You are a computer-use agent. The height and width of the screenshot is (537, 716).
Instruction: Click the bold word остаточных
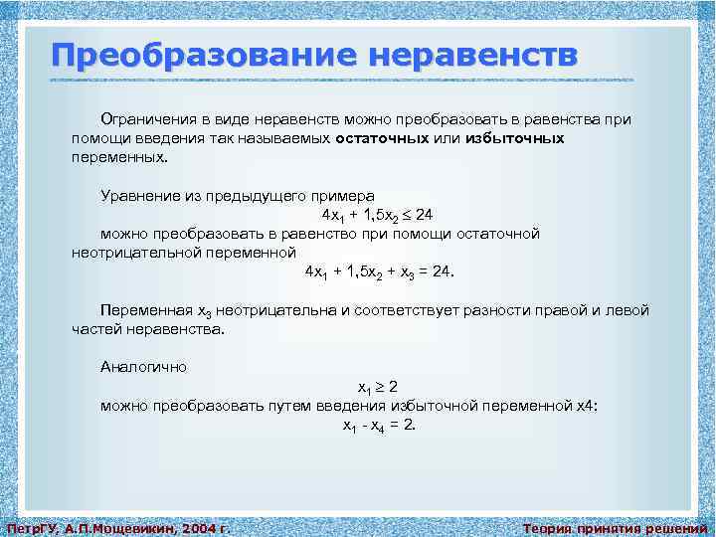[383, 138]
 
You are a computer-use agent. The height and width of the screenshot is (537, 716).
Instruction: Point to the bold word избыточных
[514, 138]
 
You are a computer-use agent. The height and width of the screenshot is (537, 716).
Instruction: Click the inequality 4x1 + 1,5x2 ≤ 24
[377, 215]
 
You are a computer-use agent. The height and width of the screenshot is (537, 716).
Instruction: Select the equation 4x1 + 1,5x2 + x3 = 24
[379, 271]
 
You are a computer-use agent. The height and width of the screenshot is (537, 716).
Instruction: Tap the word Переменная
[144, 310]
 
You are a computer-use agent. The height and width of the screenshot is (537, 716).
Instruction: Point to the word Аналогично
[143, 366]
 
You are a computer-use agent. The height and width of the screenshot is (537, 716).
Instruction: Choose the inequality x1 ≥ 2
[378, 386]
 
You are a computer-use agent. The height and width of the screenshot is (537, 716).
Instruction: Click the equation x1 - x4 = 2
[379, 425]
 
